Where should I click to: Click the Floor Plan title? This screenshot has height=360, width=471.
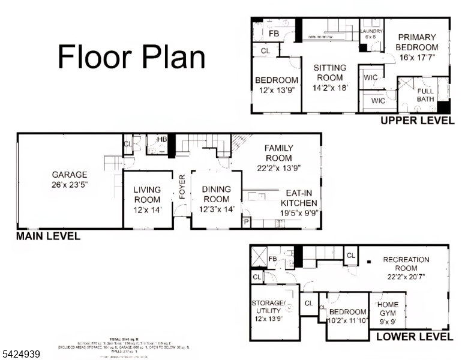131,57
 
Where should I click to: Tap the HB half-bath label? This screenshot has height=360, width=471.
161,140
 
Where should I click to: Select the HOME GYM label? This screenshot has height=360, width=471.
388,308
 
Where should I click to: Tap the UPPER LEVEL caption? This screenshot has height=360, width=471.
418,121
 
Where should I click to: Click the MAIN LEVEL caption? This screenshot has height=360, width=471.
49,236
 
